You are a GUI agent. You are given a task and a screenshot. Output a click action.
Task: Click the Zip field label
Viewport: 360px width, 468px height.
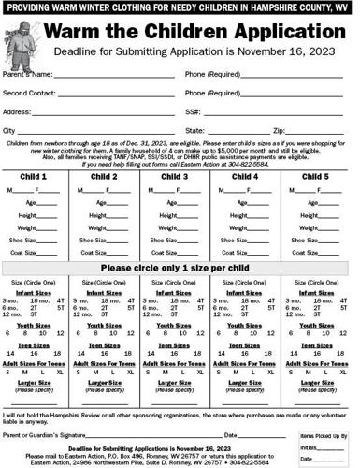277,130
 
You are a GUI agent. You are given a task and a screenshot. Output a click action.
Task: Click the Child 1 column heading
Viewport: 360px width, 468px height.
36,176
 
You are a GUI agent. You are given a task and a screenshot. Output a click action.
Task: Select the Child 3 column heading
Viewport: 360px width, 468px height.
176,176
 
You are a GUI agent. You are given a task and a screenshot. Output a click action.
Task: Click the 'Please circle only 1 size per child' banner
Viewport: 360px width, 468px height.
180,268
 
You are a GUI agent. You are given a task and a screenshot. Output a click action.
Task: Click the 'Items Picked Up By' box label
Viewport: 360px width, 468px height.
324,436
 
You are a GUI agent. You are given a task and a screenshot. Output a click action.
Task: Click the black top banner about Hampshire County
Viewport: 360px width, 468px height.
180,7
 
